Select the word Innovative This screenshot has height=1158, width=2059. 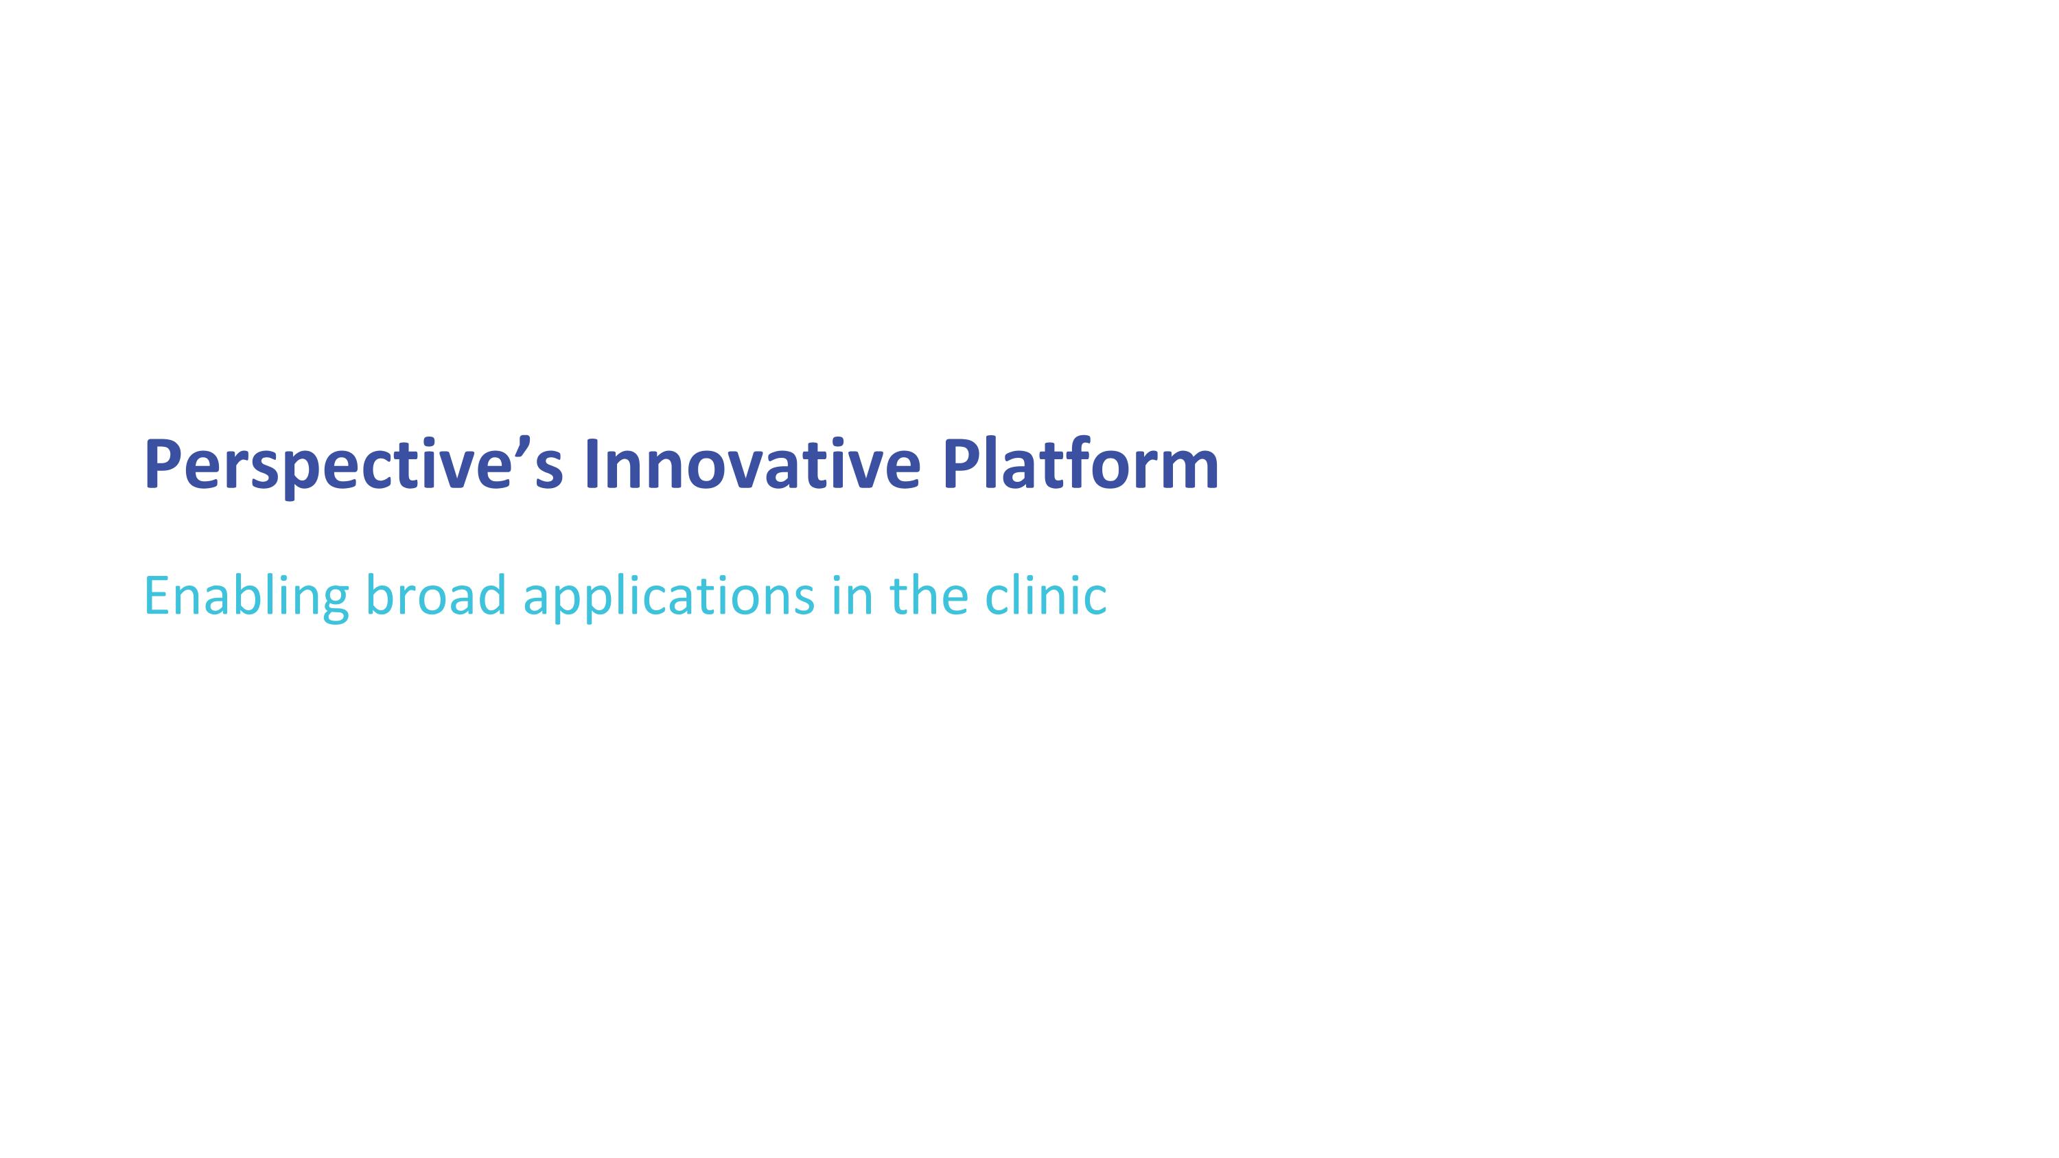pyautogui.click(x=752, y=465)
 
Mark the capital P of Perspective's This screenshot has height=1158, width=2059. pyautogui.click(x=162, y=465)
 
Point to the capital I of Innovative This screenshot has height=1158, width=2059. pyautogui.click(x=592, y=465)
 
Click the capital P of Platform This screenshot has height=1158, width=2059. pyautogui.click(x=960, y=465)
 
